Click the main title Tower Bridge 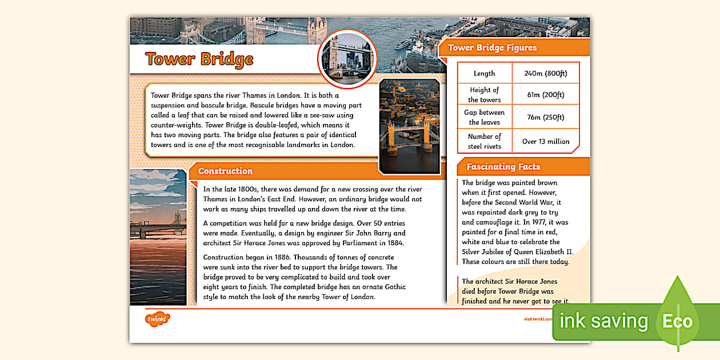tap(199, 59)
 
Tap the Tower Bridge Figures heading tap(492, 48)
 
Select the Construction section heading tap(225, 171)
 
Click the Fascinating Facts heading tap(503, 167)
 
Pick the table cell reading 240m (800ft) tap(545, 73)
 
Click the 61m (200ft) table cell tap(545, 95)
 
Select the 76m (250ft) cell tap(545, 117)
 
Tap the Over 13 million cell tap(545, 141)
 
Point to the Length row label tap(484, 73)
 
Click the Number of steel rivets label tap(484, 141)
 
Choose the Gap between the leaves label tap(484, 117)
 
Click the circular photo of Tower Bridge tap(347, 59)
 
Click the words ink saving tap(603, 321)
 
